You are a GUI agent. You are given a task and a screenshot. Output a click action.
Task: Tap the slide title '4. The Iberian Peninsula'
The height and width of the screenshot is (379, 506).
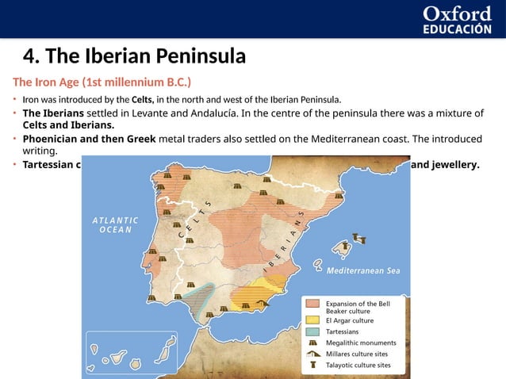click(x=134, y=56)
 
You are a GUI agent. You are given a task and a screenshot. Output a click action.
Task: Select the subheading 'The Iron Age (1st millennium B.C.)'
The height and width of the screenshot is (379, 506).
click(x=101, y=82)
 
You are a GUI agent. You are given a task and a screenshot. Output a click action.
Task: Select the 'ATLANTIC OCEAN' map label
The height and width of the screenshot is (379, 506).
click(x=116, y=224)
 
